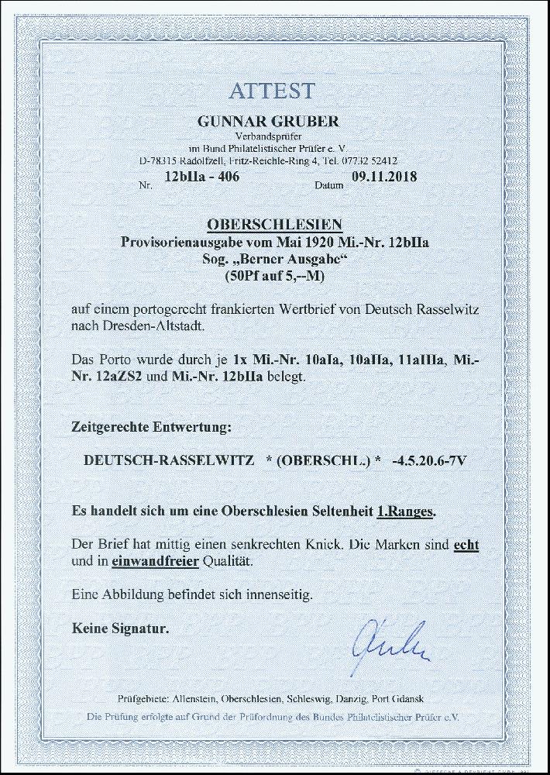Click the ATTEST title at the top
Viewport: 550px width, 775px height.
(271, 90)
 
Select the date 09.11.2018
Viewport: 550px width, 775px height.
(385, 177)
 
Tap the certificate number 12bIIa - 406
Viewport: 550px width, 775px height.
(198, 177)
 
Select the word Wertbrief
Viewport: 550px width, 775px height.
(311, 308)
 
